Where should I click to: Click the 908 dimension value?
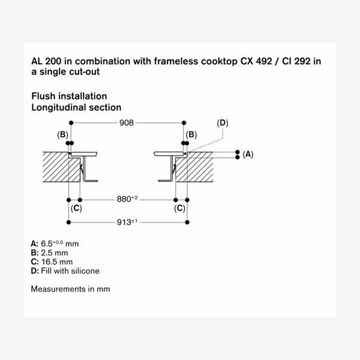pos(127,123)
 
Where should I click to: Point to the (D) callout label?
pos(223,123)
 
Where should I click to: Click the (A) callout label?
pos(248,154)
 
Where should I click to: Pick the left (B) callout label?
pos(62,134)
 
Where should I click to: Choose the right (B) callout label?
pos(191,134)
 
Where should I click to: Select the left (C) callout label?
pos(76,208)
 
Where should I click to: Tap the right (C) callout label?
pos(179,208)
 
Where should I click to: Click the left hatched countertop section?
pos(61,167)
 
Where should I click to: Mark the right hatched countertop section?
pos(194,167)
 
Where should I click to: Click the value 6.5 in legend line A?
pos(47,244)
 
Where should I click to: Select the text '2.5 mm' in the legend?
pos(55,253)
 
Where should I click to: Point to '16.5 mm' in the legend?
pos(57,262)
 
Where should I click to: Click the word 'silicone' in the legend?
pos(85,271)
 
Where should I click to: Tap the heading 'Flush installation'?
pos(69,96)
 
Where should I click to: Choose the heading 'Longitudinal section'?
pos(76,107)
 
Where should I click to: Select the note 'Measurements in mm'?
pos(70,289)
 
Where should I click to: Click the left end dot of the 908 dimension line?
pos(71,123)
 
